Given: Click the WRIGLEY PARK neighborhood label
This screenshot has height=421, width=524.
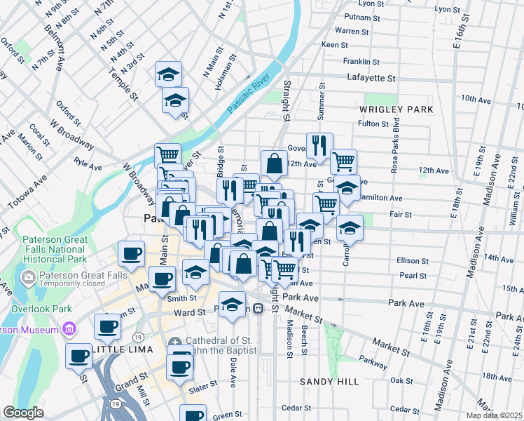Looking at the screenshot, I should point(397,109).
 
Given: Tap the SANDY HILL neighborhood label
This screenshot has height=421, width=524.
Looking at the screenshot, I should point(329,382).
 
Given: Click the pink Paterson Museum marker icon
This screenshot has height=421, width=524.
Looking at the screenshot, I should point(69,328).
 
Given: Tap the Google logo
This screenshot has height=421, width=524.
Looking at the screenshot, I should point(23,413).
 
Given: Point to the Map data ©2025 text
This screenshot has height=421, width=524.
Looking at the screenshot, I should point(490,414).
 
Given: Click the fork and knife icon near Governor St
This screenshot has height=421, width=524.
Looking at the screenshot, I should point(319,145).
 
